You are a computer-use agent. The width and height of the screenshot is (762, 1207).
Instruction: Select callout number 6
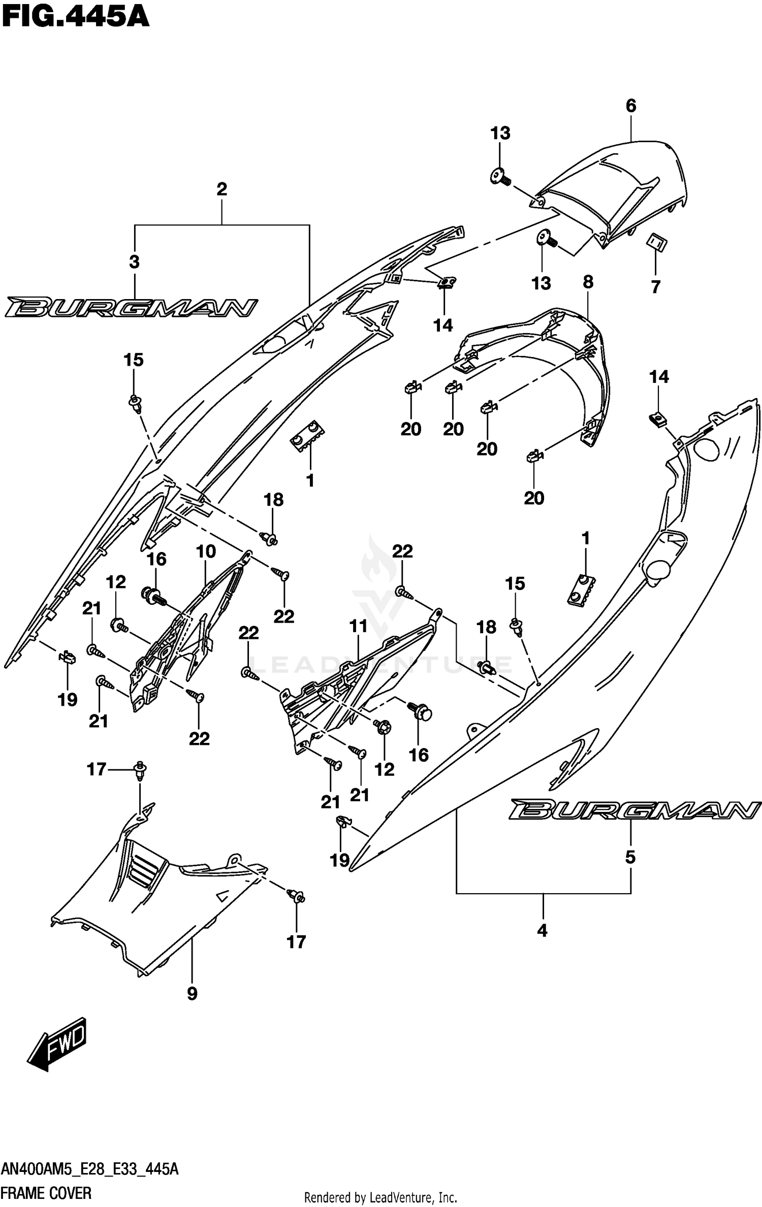coord(631,106)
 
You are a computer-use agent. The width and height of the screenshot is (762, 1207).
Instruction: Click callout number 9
coord(192,994)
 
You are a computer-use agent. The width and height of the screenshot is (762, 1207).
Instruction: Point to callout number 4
coord(543,931)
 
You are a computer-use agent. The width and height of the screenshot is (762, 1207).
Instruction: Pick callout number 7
coord(656,287)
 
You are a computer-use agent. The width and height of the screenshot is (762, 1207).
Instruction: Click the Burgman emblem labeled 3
coord(131,307)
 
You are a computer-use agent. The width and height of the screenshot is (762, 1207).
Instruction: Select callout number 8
coord(588,282)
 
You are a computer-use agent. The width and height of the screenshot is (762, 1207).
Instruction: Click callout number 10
coord(206,551)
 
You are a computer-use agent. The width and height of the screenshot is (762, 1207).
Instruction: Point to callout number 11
coord(359,626)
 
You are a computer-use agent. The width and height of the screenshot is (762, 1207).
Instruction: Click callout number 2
coord(221,189)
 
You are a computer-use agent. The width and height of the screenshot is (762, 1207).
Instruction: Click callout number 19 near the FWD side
coord(68,700)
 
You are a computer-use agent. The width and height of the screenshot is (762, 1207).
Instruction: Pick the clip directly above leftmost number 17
coord(140,771)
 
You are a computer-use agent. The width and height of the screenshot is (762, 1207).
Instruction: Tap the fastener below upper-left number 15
coord(135,404)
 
